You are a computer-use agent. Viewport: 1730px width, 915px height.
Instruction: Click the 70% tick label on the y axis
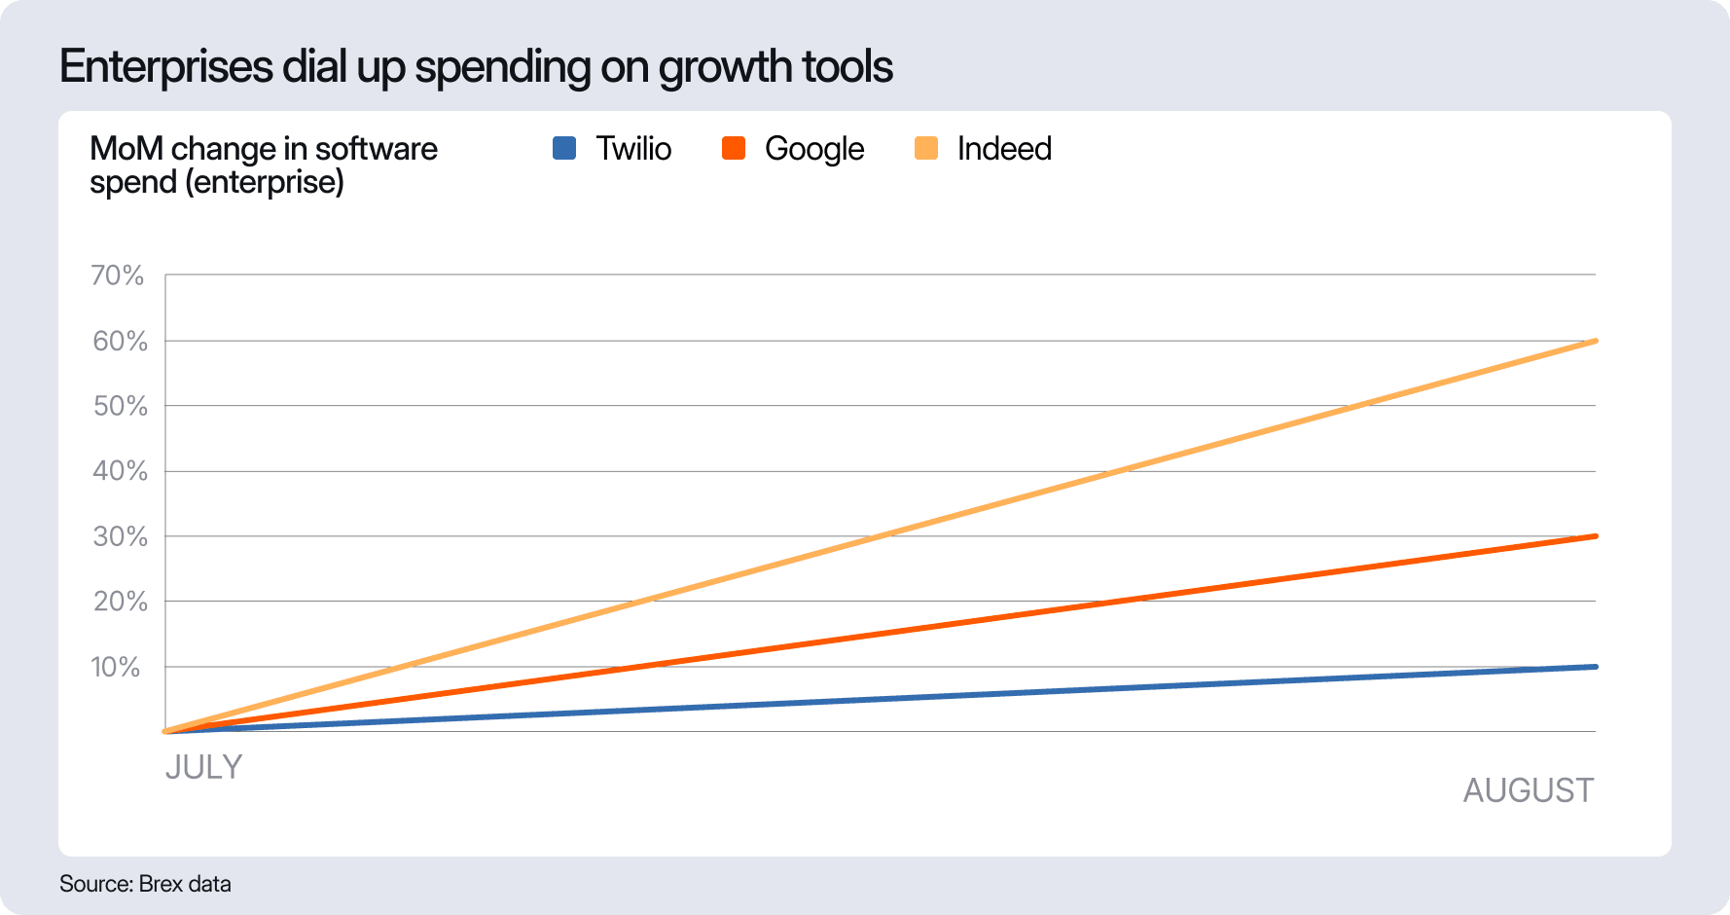[118, 275]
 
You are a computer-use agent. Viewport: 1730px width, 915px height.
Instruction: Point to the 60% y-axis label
[120, 341]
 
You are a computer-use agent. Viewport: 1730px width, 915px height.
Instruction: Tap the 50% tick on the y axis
[120, 406]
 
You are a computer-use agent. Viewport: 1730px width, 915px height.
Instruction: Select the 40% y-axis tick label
[120, 471]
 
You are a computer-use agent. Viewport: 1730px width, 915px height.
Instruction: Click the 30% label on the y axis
[120, 536]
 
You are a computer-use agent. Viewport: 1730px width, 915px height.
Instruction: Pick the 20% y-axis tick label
[120, 602]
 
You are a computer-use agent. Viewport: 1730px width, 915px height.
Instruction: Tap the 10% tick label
[116, 667]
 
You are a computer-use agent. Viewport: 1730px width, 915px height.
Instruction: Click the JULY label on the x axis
[203, 767]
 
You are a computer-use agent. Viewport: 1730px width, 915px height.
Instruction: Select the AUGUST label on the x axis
[1528, 790]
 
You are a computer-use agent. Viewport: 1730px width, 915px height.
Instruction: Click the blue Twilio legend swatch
[564, 148]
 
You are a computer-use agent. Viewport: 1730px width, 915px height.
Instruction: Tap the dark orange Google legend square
[734, 148]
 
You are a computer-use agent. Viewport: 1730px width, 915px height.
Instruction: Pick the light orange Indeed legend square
[926, 148]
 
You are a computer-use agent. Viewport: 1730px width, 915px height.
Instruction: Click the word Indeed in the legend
[1004, 148]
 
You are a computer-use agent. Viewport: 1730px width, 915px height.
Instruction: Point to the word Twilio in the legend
[633, 148]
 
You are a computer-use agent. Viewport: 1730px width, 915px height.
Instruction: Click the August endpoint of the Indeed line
[1595, 341]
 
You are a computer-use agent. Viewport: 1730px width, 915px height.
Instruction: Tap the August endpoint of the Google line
[1595, 536]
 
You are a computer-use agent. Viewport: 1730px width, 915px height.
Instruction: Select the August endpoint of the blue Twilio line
[1595, 667]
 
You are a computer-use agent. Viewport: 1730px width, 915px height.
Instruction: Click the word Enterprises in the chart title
[166, 67]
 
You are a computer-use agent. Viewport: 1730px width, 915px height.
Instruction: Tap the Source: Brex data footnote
[145, 884]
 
